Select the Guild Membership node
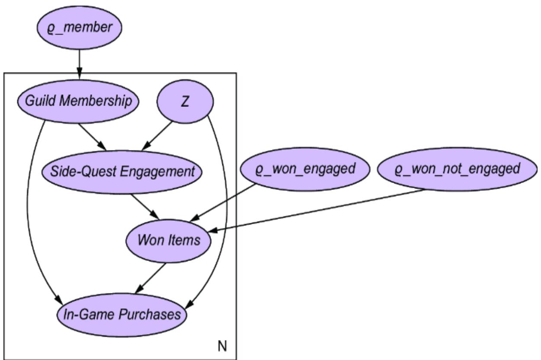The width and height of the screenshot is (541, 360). coord(78,102)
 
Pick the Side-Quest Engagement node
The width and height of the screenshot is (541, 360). coord(122,172)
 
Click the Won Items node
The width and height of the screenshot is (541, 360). coord(169,240)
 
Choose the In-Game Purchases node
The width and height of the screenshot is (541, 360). coord(122,314)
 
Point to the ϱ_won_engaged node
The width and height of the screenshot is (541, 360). coord(305,169)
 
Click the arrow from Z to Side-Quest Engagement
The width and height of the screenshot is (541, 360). coord(157,136)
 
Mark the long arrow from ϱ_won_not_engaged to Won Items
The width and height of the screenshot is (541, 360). coord(324,210)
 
